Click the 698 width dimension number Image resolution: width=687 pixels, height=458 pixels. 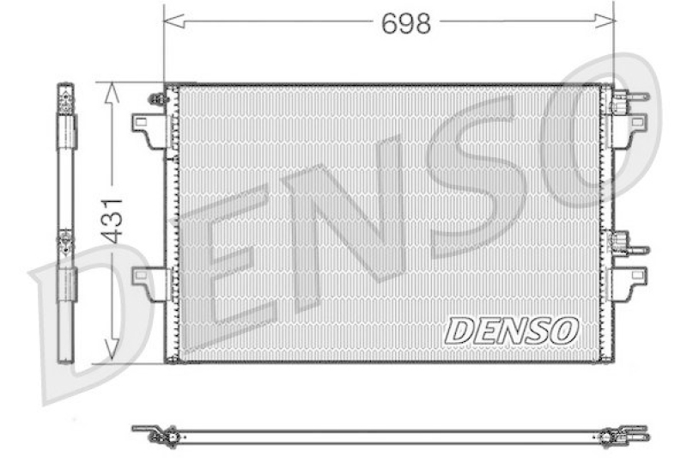(406, 24)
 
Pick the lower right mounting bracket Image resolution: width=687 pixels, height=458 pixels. (635, 280)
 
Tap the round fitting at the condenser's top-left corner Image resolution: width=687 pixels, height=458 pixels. (157, 99)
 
